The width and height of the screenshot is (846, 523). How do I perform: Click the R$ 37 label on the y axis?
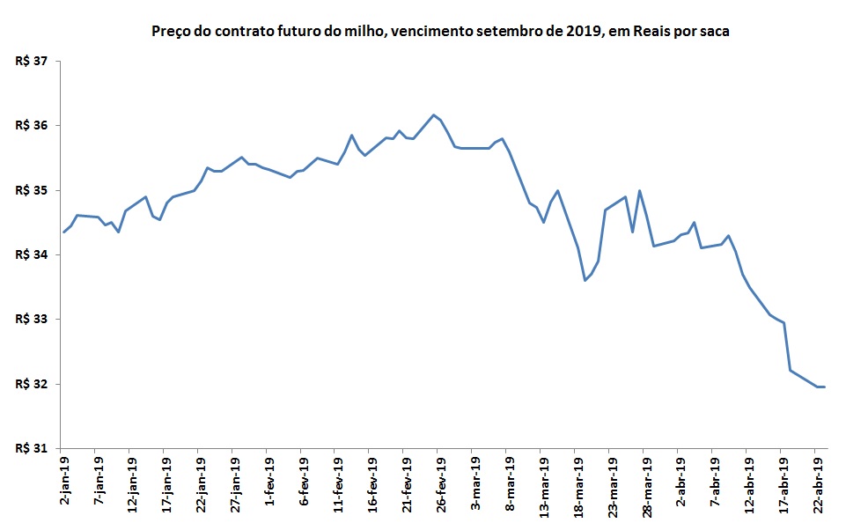coord(33,62)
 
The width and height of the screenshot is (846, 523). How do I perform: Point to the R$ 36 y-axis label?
coord(33,126)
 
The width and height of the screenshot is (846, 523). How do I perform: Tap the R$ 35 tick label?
coord(33,191)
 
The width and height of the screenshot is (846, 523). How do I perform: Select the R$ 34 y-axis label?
coord(33,255)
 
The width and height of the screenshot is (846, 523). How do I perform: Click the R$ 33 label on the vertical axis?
coord(33,320)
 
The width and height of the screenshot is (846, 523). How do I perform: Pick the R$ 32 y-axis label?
coord(33,385)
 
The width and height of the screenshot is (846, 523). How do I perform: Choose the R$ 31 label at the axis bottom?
coord(33,449)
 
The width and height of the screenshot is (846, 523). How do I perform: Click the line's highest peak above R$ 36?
coord(433,114)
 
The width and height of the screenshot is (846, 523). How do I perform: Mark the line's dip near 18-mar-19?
coord(585,280)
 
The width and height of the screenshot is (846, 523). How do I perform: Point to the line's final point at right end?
coord(824,387)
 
